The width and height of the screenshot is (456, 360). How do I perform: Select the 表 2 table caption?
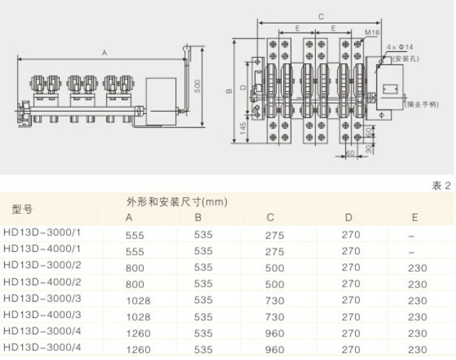click(x=442, y=186)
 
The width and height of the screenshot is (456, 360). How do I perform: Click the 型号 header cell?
click(x=23, y=209)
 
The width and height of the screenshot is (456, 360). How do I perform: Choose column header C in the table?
click(x=270, y=218)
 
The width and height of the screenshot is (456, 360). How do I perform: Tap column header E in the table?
click(x=415, y=218)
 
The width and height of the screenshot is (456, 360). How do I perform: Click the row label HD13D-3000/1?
click(x=42, y=233)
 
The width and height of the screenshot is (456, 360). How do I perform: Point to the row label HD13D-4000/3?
click(x=42, y=315)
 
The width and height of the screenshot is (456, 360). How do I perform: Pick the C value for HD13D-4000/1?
click(x=275, y=251)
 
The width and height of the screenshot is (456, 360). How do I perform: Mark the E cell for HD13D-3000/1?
click(x=412, y=235)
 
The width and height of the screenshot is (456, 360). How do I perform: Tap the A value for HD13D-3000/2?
click(x=134, y=268)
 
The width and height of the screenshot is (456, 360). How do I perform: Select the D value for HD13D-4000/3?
click(x=351, y=317)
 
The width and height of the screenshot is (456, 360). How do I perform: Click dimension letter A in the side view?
click(x=104, y=53)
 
